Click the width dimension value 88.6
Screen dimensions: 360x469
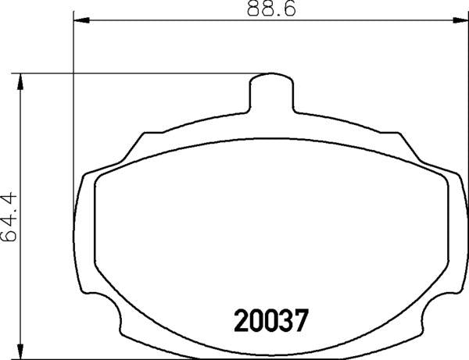pos(264,10)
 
